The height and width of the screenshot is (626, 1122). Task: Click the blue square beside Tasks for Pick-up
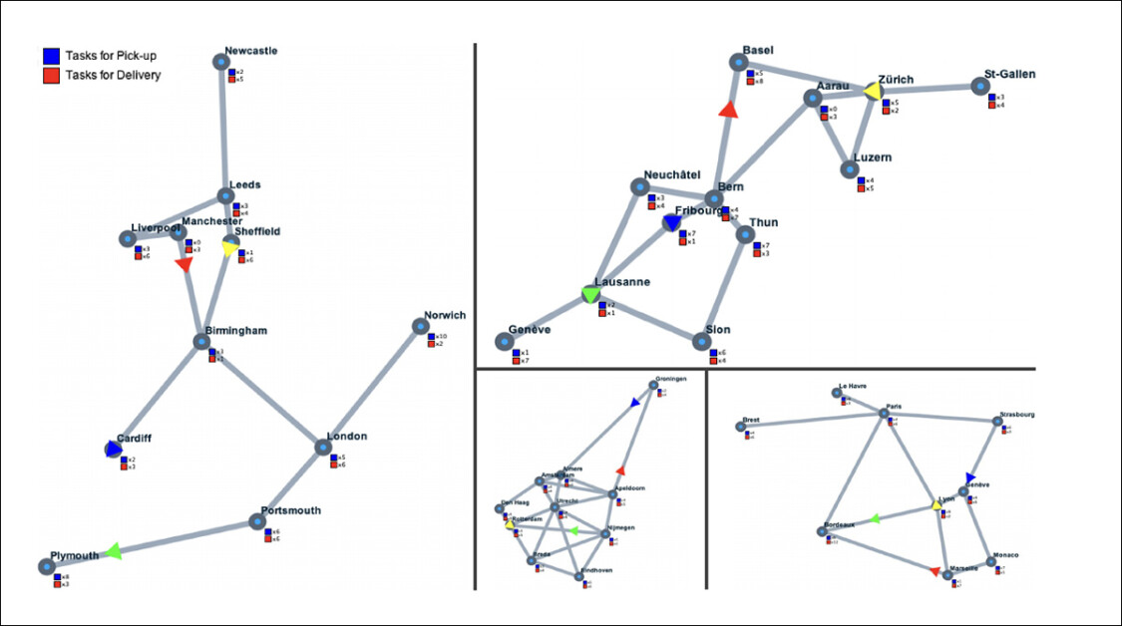click(52, 56)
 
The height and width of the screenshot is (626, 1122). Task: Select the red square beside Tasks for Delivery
click(52, 75)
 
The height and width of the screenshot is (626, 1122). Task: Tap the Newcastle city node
click(220, 62)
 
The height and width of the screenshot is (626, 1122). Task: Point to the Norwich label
click(444, 315)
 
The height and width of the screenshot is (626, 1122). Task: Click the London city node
click(323, 447)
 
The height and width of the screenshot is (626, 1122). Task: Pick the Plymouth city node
click(46, 566)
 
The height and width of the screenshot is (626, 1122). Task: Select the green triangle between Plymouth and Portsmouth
click(114, 550)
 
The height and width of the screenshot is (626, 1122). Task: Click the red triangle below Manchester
click(183, 264)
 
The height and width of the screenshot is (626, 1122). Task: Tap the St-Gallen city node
click(980, 87)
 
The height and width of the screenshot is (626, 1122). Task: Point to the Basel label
click(758, 50)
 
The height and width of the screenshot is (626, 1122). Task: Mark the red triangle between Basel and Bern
click(728, 110)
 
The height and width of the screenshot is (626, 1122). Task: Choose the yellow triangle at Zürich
click(872, 91)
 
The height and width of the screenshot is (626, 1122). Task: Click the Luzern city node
click(849, 168)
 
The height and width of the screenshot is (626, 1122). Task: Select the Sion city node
click(704, 341)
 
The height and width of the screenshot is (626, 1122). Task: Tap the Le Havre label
click(853, 385)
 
